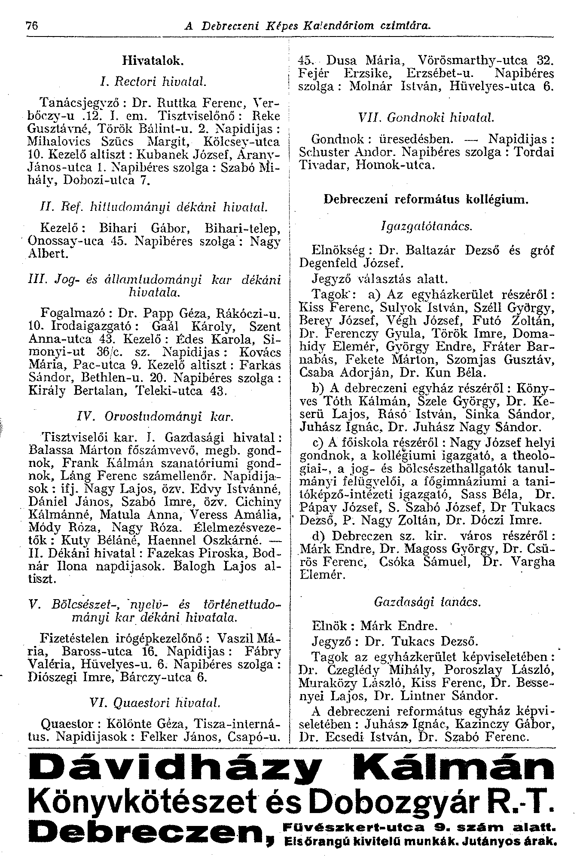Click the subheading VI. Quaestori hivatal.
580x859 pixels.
153,703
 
